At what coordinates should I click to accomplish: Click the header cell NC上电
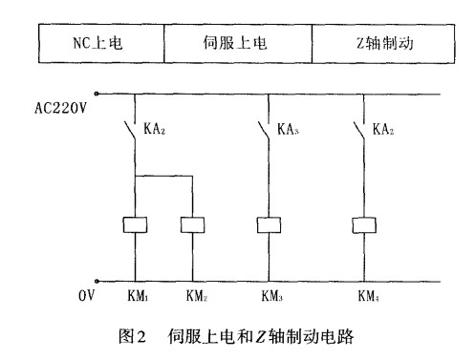[99, 44]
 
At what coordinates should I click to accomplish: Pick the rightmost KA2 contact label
[385, 129]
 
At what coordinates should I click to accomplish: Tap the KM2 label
[195, 297]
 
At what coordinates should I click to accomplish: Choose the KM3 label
[272, 297]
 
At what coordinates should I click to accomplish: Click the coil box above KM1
[135, 226]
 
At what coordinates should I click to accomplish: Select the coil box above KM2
[193, 226]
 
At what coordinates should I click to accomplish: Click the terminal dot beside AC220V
[97, 95]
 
